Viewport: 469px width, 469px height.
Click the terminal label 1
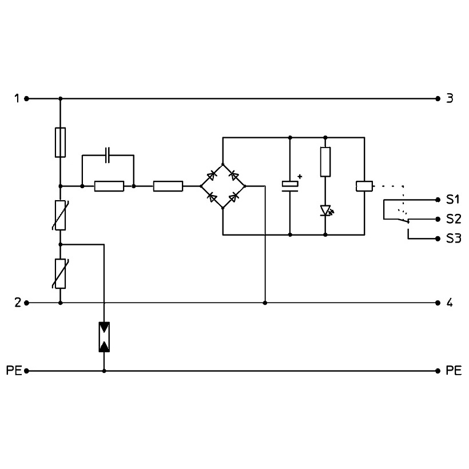[17, 98]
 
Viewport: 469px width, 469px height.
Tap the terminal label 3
[450, 98]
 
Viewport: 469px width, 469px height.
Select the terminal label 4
[450, 303]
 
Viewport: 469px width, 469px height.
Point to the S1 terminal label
[453, 200]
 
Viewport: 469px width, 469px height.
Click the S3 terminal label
[454, 239]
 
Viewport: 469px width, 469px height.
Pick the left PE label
[14, 371]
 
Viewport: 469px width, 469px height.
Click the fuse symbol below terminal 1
[61, 142]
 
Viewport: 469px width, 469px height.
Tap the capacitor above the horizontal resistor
[108, 155]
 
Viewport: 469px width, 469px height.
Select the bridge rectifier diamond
[222, 186]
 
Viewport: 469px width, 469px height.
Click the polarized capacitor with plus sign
[290, 186]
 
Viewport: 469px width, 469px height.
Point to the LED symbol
[326, 210]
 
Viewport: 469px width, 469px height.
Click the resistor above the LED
[325, 162]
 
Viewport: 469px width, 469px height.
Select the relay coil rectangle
[364, 186]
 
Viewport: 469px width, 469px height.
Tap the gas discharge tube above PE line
[104, 337]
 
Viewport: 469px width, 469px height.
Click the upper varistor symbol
[61, 216]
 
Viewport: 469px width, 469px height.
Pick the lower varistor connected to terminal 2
[61, 274]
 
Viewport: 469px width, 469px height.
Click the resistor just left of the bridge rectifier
[168, 186]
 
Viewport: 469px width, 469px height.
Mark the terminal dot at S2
[438, 219]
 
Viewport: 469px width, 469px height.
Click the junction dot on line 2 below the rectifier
[265, 303]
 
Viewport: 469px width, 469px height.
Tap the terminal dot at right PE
[438, 371]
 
